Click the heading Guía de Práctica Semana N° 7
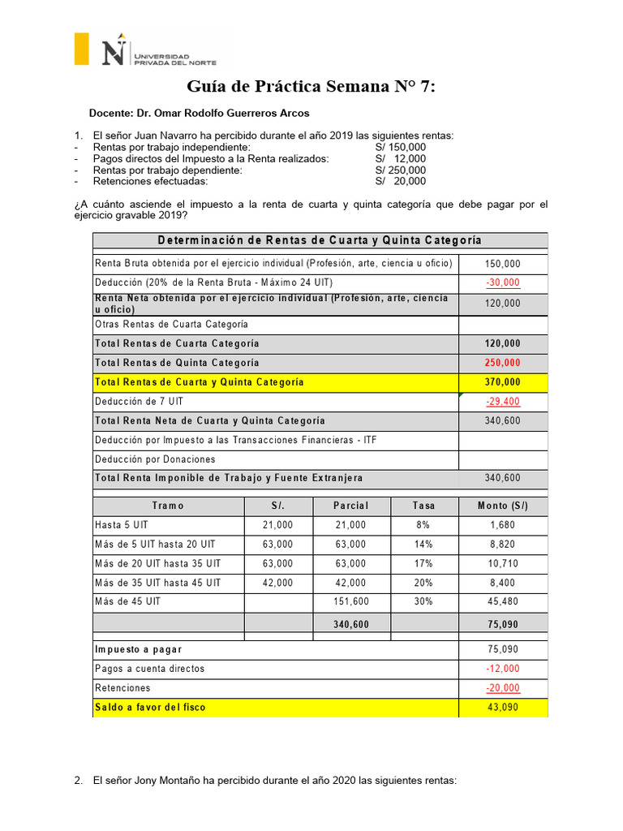311,86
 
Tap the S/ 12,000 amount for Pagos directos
400,159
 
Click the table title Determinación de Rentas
320,240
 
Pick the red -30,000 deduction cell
503,282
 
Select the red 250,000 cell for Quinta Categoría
503,363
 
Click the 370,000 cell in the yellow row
503,382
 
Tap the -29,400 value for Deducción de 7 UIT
503,402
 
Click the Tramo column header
168,506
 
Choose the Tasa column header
423,506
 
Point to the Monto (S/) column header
503,506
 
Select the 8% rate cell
423,525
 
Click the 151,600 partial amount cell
350,602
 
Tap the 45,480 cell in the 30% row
503,602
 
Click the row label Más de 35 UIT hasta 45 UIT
158,583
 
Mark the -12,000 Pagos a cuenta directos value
503,669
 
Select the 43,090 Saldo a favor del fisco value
503,708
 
